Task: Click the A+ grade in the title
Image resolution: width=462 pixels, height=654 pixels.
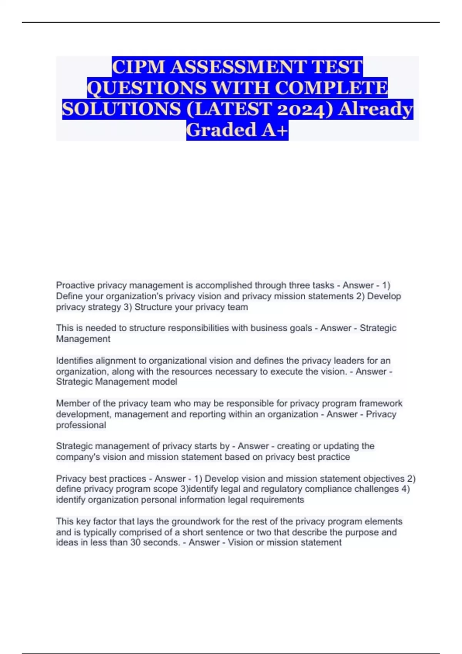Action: point(275,130)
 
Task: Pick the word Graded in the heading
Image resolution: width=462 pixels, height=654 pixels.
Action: point(221,130)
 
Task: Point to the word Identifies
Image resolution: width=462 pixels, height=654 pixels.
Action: point(74,361)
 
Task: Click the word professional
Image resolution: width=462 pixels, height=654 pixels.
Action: point(81,425)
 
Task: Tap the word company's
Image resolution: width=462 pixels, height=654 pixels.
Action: point(75,457)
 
